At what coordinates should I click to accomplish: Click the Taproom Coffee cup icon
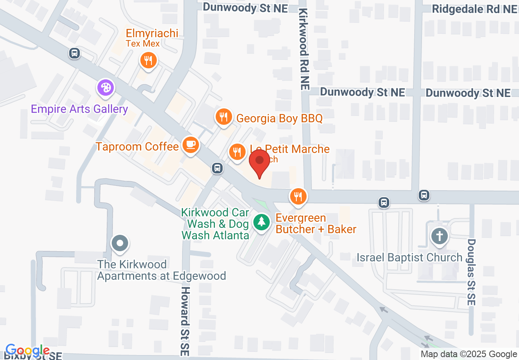click(x=190, y=145)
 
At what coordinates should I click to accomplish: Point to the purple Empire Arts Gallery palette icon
click(x=106, y=88)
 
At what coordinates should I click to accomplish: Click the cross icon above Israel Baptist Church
click(x=439, y=236)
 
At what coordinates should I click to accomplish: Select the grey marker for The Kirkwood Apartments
click(x=120, y=243)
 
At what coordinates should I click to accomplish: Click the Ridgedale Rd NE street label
click(x=474, y=9)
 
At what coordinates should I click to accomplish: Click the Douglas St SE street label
click(x=471, y=272)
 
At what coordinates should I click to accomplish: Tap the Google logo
click(x=27, y=351)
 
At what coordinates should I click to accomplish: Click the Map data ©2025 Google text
click(x=469, y=354)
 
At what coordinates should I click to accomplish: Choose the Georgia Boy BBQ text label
click(x=280, y=119)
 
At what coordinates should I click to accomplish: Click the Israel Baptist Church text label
click(x=409, y=257)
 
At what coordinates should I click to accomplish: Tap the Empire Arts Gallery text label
click(x=80, y=109)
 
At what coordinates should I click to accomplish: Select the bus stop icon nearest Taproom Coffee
click(x=217, y=168)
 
